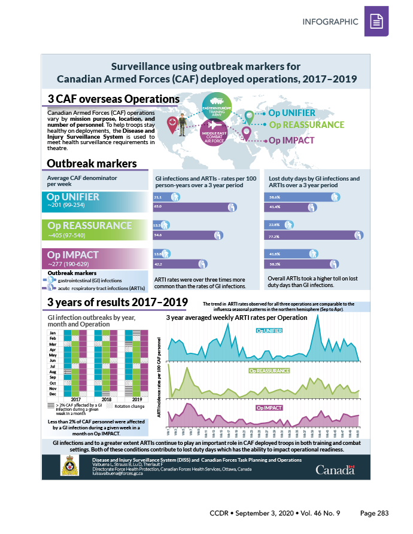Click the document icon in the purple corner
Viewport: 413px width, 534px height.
coord(376,22)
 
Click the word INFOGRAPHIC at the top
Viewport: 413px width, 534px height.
coord(330,22)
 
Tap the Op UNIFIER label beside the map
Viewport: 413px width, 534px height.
coord(291,113)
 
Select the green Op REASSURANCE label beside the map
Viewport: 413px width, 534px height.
coord(306,125)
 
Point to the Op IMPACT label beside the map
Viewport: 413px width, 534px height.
coord(291,141)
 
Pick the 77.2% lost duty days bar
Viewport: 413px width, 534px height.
coord(314,236)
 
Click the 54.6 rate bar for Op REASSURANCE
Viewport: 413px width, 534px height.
coord(192,236)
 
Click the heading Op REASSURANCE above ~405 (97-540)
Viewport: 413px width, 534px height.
coord(90,225)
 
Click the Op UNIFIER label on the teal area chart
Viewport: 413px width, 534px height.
coord(269,330)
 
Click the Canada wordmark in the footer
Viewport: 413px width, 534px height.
coord(335,469)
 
